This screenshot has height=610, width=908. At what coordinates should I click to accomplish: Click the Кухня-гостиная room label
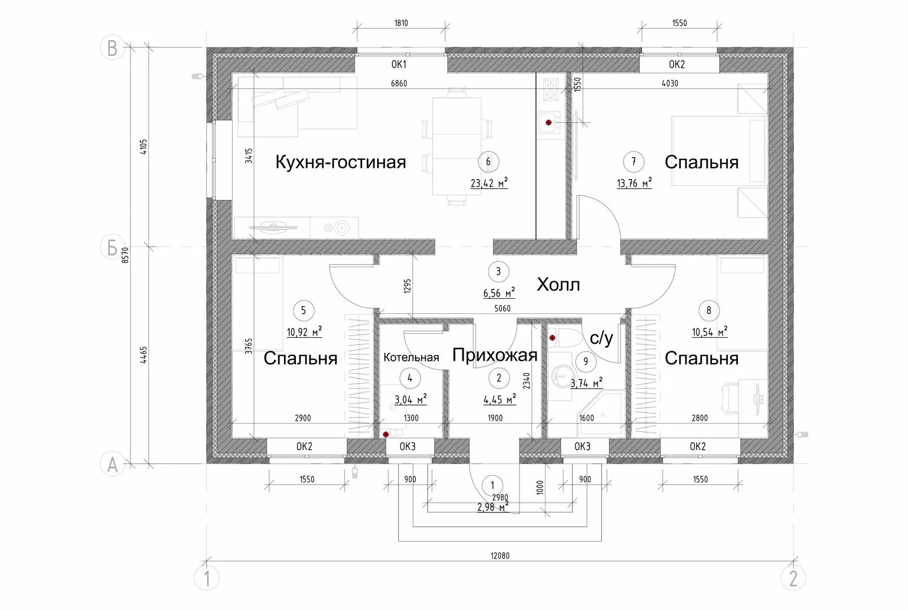point(340,162)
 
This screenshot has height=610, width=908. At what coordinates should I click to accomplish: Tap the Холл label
point(558,285)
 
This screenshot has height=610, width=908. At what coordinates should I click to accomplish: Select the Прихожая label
point(495,355)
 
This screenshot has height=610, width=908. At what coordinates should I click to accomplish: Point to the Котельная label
point(411,358)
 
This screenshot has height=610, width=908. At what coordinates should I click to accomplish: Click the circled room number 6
point(488,162)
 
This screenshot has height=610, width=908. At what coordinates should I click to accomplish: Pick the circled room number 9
point(586,361)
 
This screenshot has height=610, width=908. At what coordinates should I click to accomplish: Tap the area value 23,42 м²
point(489,184)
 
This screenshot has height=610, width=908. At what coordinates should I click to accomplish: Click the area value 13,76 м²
point(634,184)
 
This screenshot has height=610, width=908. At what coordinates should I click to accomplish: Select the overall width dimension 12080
point(500,556)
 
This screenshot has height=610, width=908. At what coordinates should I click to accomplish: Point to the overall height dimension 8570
point(125,255)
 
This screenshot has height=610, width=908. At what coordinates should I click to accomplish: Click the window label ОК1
point(399,64)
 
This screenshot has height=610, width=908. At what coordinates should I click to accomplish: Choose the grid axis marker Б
point(112,247)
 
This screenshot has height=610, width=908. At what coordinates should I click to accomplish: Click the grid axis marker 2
point(793,578)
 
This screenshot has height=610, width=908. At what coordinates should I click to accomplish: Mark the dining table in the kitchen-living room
point(457,146)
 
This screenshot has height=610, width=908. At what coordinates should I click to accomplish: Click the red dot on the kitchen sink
point(548,123)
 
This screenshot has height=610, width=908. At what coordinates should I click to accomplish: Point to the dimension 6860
point(399,84)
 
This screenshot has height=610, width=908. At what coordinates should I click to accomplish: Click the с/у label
point(601,338)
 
